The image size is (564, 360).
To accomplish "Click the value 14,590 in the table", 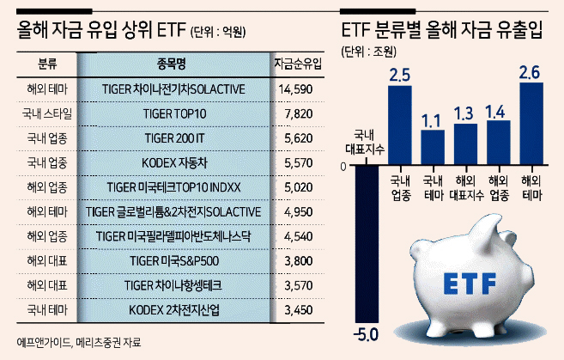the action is [x=295, y=89].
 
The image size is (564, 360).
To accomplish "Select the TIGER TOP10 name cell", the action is [x=174, y=113].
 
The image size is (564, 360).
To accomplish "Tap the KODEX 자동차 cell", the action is [x=174, y=163].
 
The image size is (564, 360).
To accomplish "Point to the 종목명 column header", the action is [x=171, y=64].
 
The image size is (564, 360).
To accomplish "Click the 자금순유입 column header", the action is [x=298, y=64].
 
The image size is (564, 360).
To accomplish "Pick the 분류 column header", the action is [x=47, y=64].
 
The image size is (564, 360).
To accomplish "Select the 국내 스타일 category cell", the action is [x=47, y=113].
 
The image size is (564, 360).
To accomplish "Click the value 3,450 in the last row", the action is [x=298, y=310].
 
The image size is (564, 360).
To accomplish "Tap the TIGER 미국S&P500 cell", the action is [x=174, y=261].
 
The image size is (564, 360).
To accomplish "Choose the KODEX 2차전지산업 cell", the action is [x=174, y=310].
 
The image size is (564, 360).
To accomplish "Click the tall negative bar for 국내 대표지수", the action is [x=367, y=244].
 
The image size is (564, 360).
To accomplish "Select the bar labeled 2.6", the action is [x=531, y=124].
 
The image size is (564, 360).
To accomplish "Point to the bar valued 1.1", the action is [x=433, y=147].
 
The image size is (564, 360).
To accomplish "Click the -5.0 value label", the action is [x=366, y=335].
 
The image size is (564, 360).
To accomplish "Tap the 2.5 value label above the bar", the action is [x=400, y=75].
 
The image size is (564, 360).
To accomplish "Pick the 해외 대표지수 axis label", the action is [x=466, y=188].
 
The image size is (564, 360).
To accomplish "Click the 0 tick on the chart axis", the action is [x=343, y=167].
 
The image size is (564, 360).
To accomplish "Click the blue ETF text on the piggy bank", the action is [x=470, y=284].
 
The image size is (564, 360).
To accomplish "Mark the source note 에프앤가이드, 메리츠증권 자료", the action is [x=79, y=342].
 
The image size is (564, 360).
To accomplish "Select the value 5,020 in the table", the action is [x=298, y=187].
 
